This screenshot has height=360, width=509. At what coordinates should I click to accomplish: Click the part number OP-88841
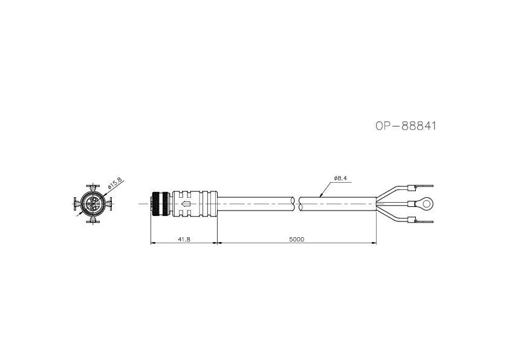tap(406, 126)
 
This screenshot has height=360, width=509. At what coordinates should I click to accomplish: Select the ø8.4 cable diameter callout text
tap(340, 178)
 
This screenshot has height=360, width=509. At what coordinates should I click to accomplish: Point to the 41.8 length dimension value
tap(184, 240)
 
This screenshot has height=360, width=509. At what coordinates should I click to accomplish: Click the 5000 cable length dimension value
tap(297, 240)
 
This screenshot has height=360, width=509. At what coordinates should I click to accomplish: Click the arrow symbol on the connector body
tap(186, 204)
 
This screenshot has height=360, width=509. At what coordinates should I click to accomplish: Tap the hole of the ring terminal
tap(427, 204)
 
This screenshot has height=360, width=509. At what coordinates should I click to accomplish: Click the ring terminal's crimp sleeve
tap(412, 204)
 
